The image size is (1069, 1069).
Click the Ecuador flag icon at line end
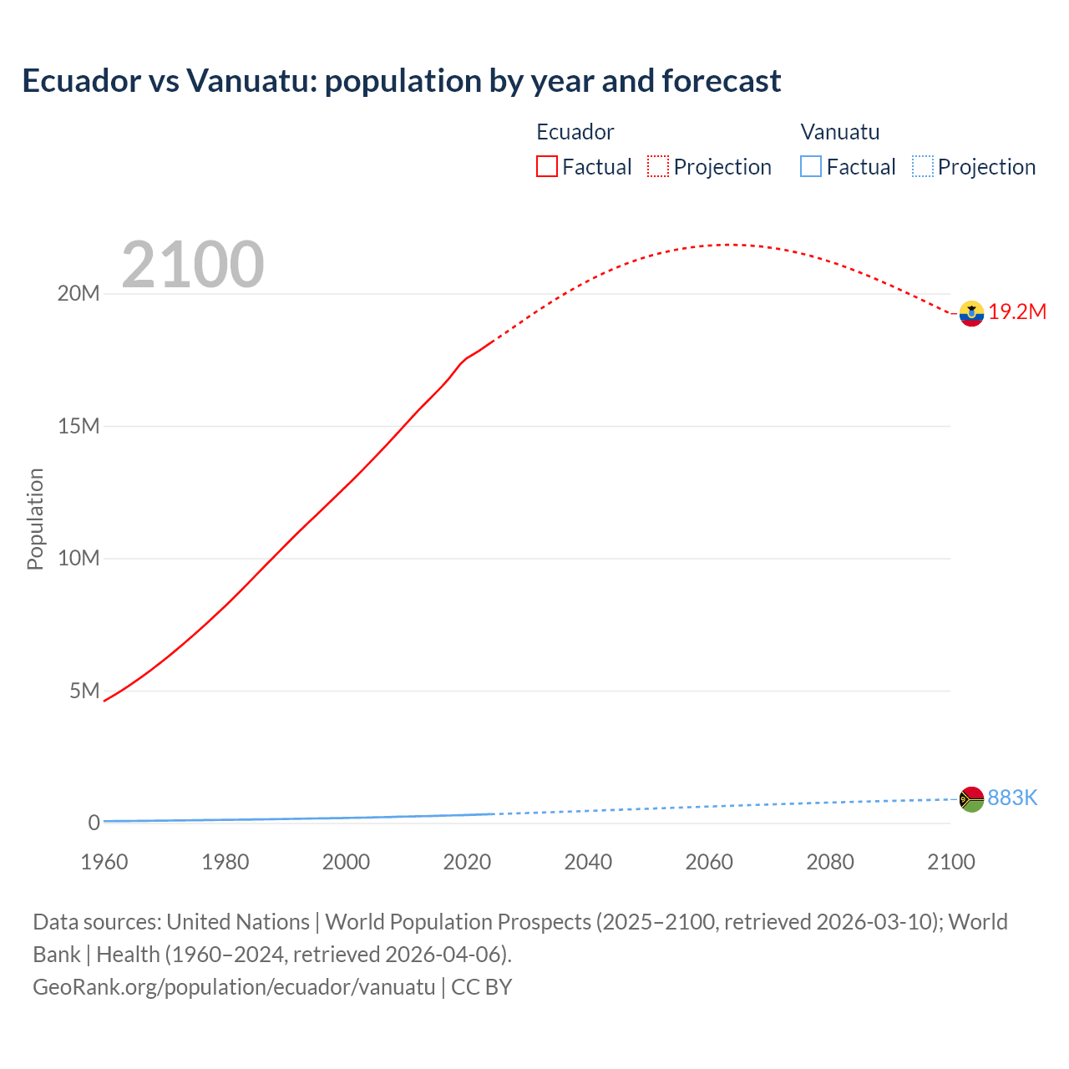coord(971,313)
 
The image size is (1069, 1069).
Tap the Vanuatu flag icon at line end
coord(971,799)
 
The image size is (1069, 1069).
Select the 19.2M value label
coord(1017,312)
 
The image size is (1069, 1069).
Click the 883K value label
coord(1012,798)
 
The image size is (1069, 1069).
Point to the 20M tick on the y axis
coord(79,294)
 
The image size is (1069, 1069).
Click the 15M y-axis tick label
coord(79,427)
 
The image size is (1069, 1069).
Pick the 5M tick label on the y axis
coord(84,691)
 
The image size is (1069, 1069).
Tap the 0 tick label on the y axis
coord(94,823)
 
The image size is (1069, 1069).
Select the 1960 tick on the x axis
coord(104,862)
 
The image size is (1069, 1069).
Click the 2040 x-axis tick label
coord(588,862)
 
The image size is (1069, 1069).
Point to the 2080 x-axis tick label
coord(830,862)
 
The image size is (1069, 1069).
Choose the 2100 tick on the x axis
coord(950,862)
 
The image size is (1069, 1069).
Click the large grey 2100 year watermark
coord(193,265)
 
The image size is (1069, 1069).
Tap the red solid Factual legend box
coord(547,166)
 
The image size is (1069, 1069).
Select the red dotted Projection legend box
coord(658,166)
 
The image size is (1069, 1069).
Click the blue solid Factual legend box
coord(811,166)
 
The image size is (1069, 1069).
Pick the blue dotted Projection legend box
coord(922,166)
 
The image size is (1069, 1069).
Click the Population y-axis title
coord(35,519)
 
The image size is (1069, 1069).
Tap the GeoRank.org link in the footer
coord(234,987)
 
